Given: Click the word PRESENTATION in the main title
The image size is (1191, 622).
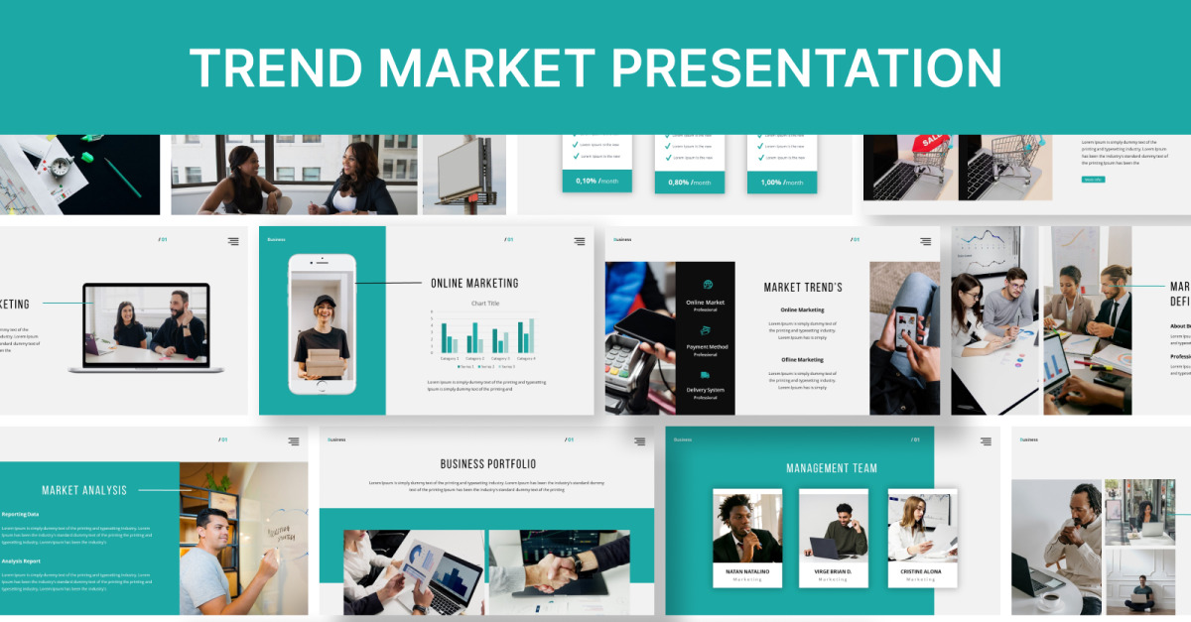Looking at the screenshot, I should pyautogui.click(x=806, y=67).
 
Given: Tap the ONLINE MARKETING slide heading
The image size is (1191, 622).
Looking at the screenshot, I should pyautogui.click(x=474, y=284).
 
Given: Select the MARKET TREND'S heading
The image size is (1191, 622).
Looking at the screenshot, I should pyautogui.click(x=803, y=288).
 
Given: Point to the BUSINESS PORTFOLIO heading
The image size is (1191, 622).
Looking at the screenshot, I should pyautogui.click(x=487, y=464).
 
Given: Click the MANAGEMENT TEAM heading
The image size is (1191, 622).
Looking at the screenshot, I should pyautogui.click(x=832, y=468).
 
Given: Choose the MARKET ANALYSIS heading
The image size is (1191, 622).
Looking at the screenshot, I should pyautogui.click(x=84, y=490).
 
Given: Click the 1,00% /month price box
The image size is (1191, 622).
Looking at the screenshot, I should pyautogui.click(x=783, y=183).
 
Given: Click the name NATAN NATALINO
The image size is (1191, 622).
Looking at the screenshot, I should pyautogui.click(x=747, y=571).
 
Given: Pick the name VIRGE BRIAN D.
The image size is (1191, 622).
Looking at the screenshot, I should pyautogui.click(x=834, y=571).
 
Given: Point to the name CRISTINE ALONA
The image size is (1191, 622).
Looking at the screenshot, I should pyautogui.click(x=922, y=571).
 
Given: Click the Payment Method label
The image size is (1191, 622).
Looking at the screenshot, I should pyautogui.click(x=707, y=347).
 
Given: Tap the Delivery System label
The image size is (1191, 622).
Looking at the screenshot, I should pyautogui.click(x=706, y=390).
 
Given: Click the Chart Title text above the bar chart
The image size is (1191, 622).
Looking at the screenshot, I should pyautogui.click(x=485, y=303).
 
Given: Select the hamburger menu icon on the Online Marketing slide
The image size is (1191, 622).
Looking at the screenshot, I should pyautogui.click(x=579, y=241).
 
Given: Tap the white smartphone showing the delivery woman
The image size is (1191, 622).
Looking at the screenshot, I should pyautogui.click(x=322, y=323).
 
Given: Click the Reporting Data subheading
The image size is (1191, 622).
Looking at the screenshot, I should pyautogui.click(x=21, y=514).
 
